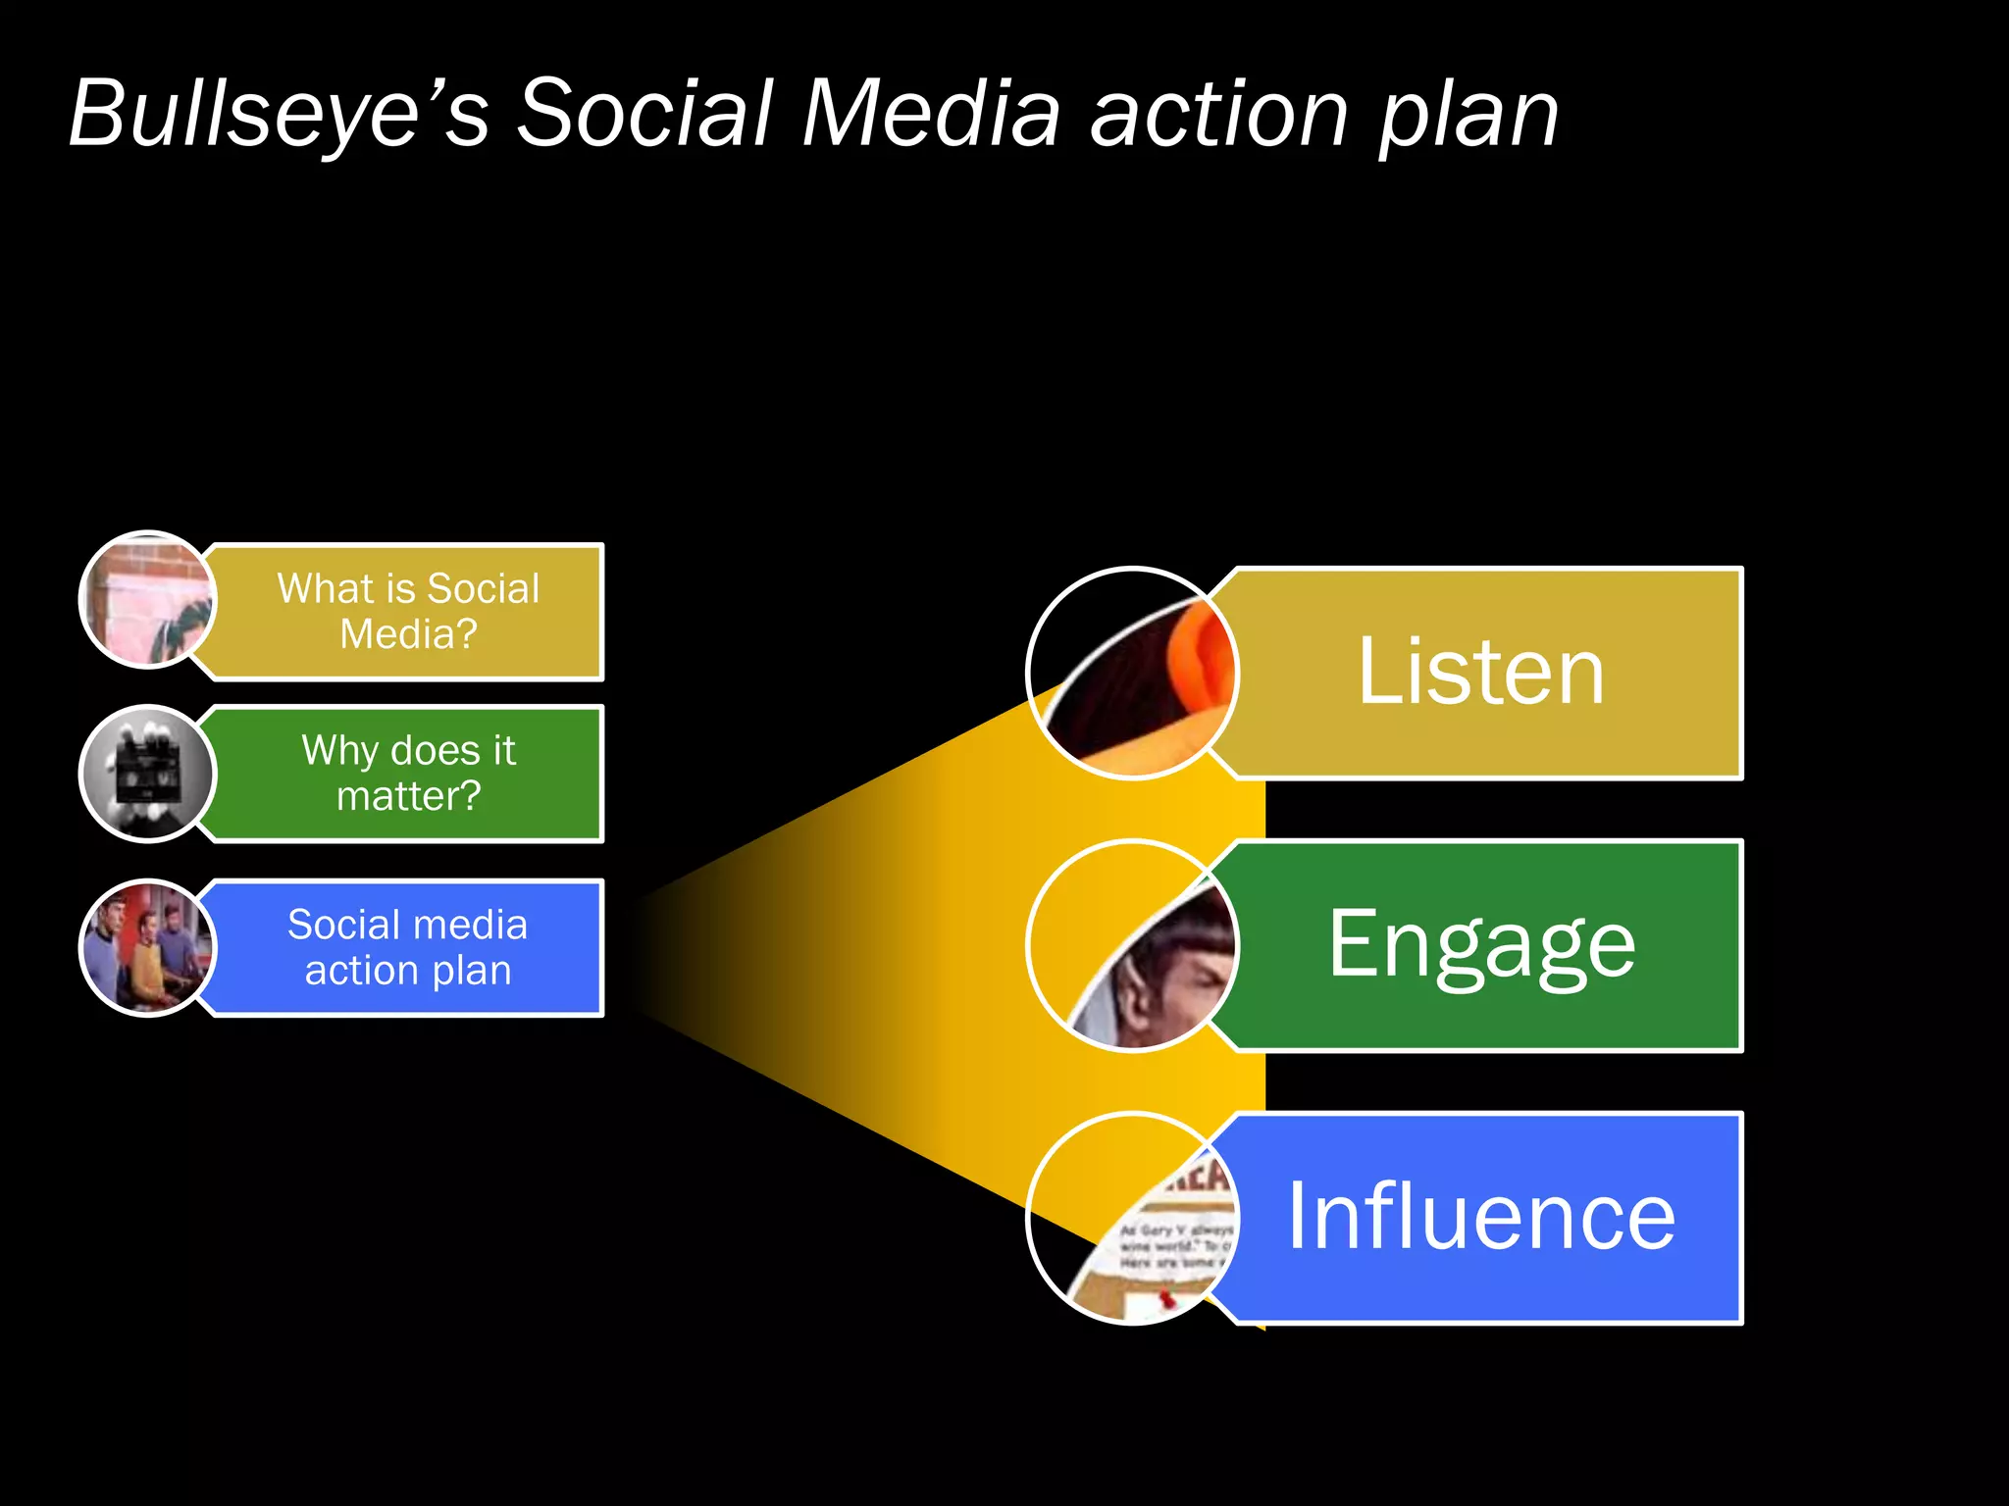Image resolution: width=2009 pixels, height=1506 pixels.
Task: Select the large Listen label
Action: [x=1480, y=673]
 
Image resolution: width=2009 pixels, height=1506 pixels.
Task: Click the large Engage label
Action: [x=1481, y=944]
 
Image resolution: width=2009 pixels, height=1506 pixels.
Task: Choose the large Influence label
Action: [x=1480, y=1217]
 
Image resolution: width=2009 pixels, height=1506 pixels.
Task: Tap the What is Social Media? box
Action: [x=407, y=611]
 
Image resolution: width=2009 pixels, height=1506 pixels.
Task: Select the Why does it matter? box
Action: [x=407, y=773]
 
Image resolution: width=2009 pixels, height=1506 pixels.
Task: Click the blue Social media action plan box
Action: [x=407, y=947]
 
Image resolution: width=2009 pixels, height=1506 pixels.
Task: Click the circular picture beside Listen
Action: [x=1133, y=673]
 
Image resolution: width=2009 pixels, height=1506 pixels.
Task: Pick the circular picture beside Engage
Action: [x=1133, y=945]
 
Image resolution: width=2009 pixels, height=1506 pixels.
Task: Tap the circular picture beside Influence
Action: [x=1133, y=1218]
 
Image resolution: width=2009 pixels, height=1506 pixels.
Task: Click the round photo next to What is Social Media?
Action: [x=147, y=599]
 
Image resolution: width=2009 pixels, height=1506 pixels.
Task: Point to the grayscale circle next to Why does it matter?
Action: [x=147, y=773]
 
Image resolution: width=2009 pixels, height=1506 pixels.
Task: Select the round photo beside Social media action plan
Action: [x=147, y=947]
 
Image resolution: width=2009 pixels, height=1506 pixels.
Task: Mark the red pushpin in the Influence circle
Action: [x=1165, y=1300]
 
